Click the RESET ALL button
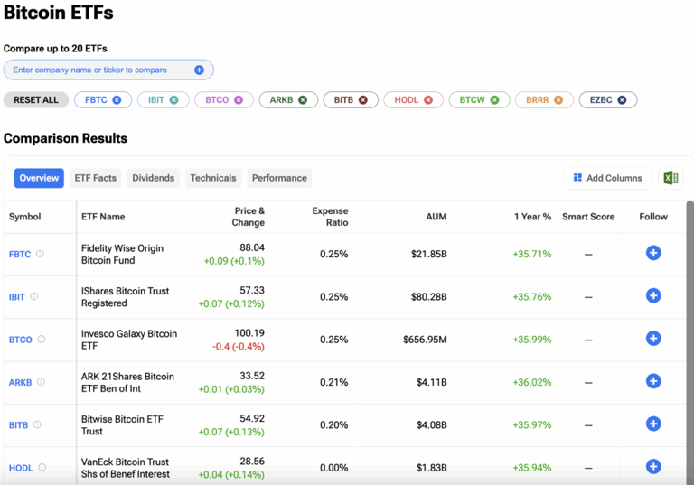tap(36, 100)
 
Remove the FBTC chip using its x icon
tap(117, 100)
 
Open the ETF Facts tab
tap(95, 178)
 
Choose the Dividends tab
tap(153, 178)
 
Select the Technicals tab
tap(212, 178)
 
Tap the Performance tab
tap(279, 178)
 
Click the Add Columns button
tap(606, 178)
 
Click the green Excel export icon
tap(671, 178)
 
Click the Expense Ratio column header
tap(330, 217)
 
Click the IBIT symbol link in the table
tap(17, 297)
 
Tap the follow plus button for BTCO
tap(653, 339)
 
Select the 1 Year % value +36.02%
tap(531, 382)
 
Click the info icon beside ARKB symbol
tap(41, 382)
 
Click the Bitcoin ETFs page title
tap(59, 14)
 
